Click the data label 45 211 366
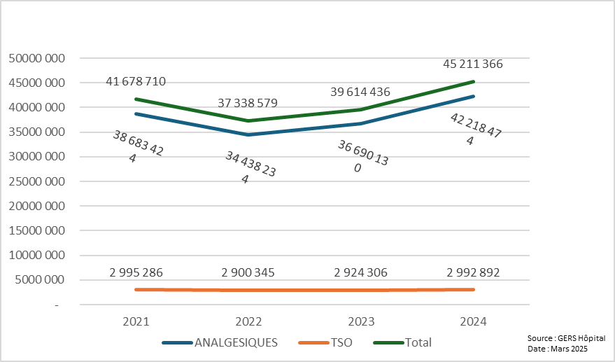tap(473, 64)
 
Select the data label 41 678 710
tap(136, 82)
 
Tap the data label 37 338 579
tap(248, 104)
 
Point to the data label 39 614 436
tap(360, 92)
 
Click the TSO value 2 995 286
tap(136, 272)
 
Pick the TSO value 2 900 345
tap(248, 272)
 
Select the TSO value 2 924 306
tap(360, 272)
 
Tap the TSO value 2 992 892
tap(473, 272)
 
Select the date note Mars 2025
tap(569, 349)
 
